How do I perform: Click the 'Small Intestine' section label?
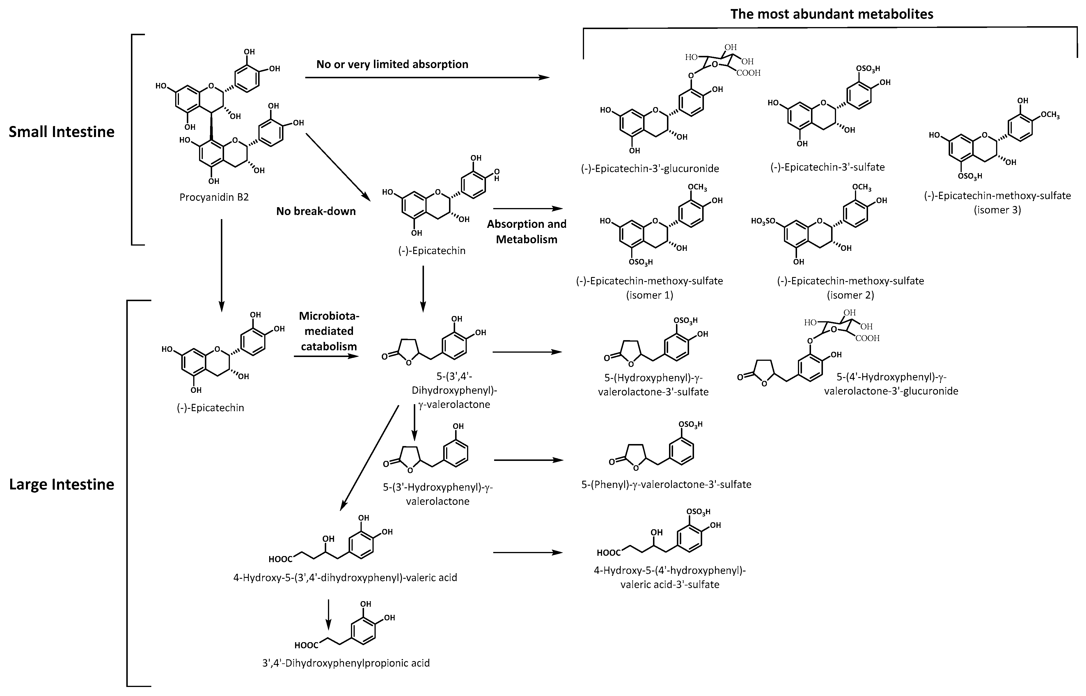pos(61,132)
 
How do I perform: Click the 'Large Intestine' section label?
pos(61,484)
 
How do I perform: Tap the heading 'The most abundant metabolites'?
pos(832,14)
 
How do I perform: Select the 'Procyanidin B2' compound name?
pos(214,198)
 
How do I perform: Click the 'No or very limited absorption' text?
pos(392,64)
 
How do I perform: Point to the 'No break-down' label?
pos(316,211)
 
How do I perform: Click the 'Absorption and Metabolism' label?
pos(526,231)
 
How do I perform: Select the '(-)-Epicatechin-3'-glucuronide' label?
pos(650,168)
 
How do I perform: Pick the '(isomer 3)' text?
pos(997,210)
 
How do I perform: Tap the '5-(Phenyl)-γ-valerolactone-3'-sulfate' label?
pos(666,484)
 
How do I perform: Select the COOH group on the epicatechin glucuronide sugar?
pos(748,73)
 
